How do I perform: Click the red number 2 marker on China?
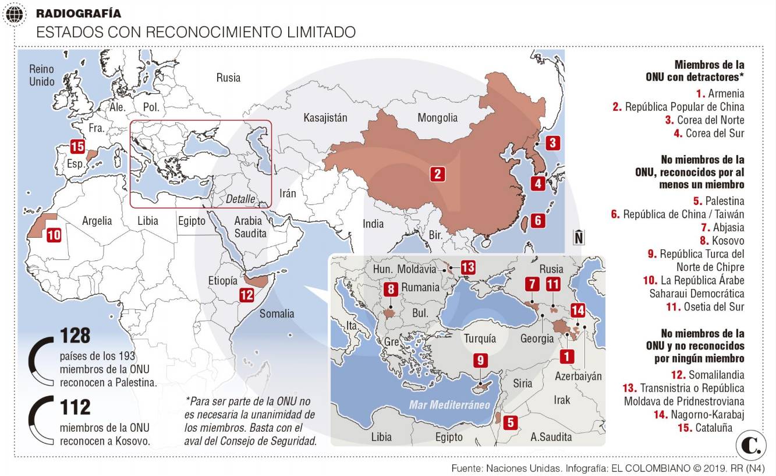(x=438, y=174)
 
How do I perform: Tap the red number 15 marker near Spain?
(x=77, y=146)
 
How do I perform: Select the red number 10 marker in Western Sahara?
(x=54, y=234)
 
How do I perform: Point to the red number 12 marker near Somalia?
(x=247, y=295)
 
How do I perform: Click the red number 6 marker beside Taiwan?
(x=538, y=220)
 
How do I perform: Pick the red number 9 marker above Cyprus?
(x=480, y=361)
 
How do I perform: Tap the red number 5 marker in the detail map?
(x=510, y=423)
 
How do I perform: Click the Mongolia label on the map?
(x=437, y=118)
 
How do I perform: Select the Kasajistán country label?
(x=325, y=118)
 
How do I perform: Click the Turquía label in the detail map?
(x=480, y=339)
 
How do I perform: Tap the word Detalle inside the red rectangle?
(x=240, y=199)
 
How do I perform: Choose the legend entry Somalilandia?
(x=716, y=375)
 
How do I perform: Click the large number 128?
(x=75, y=336)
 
